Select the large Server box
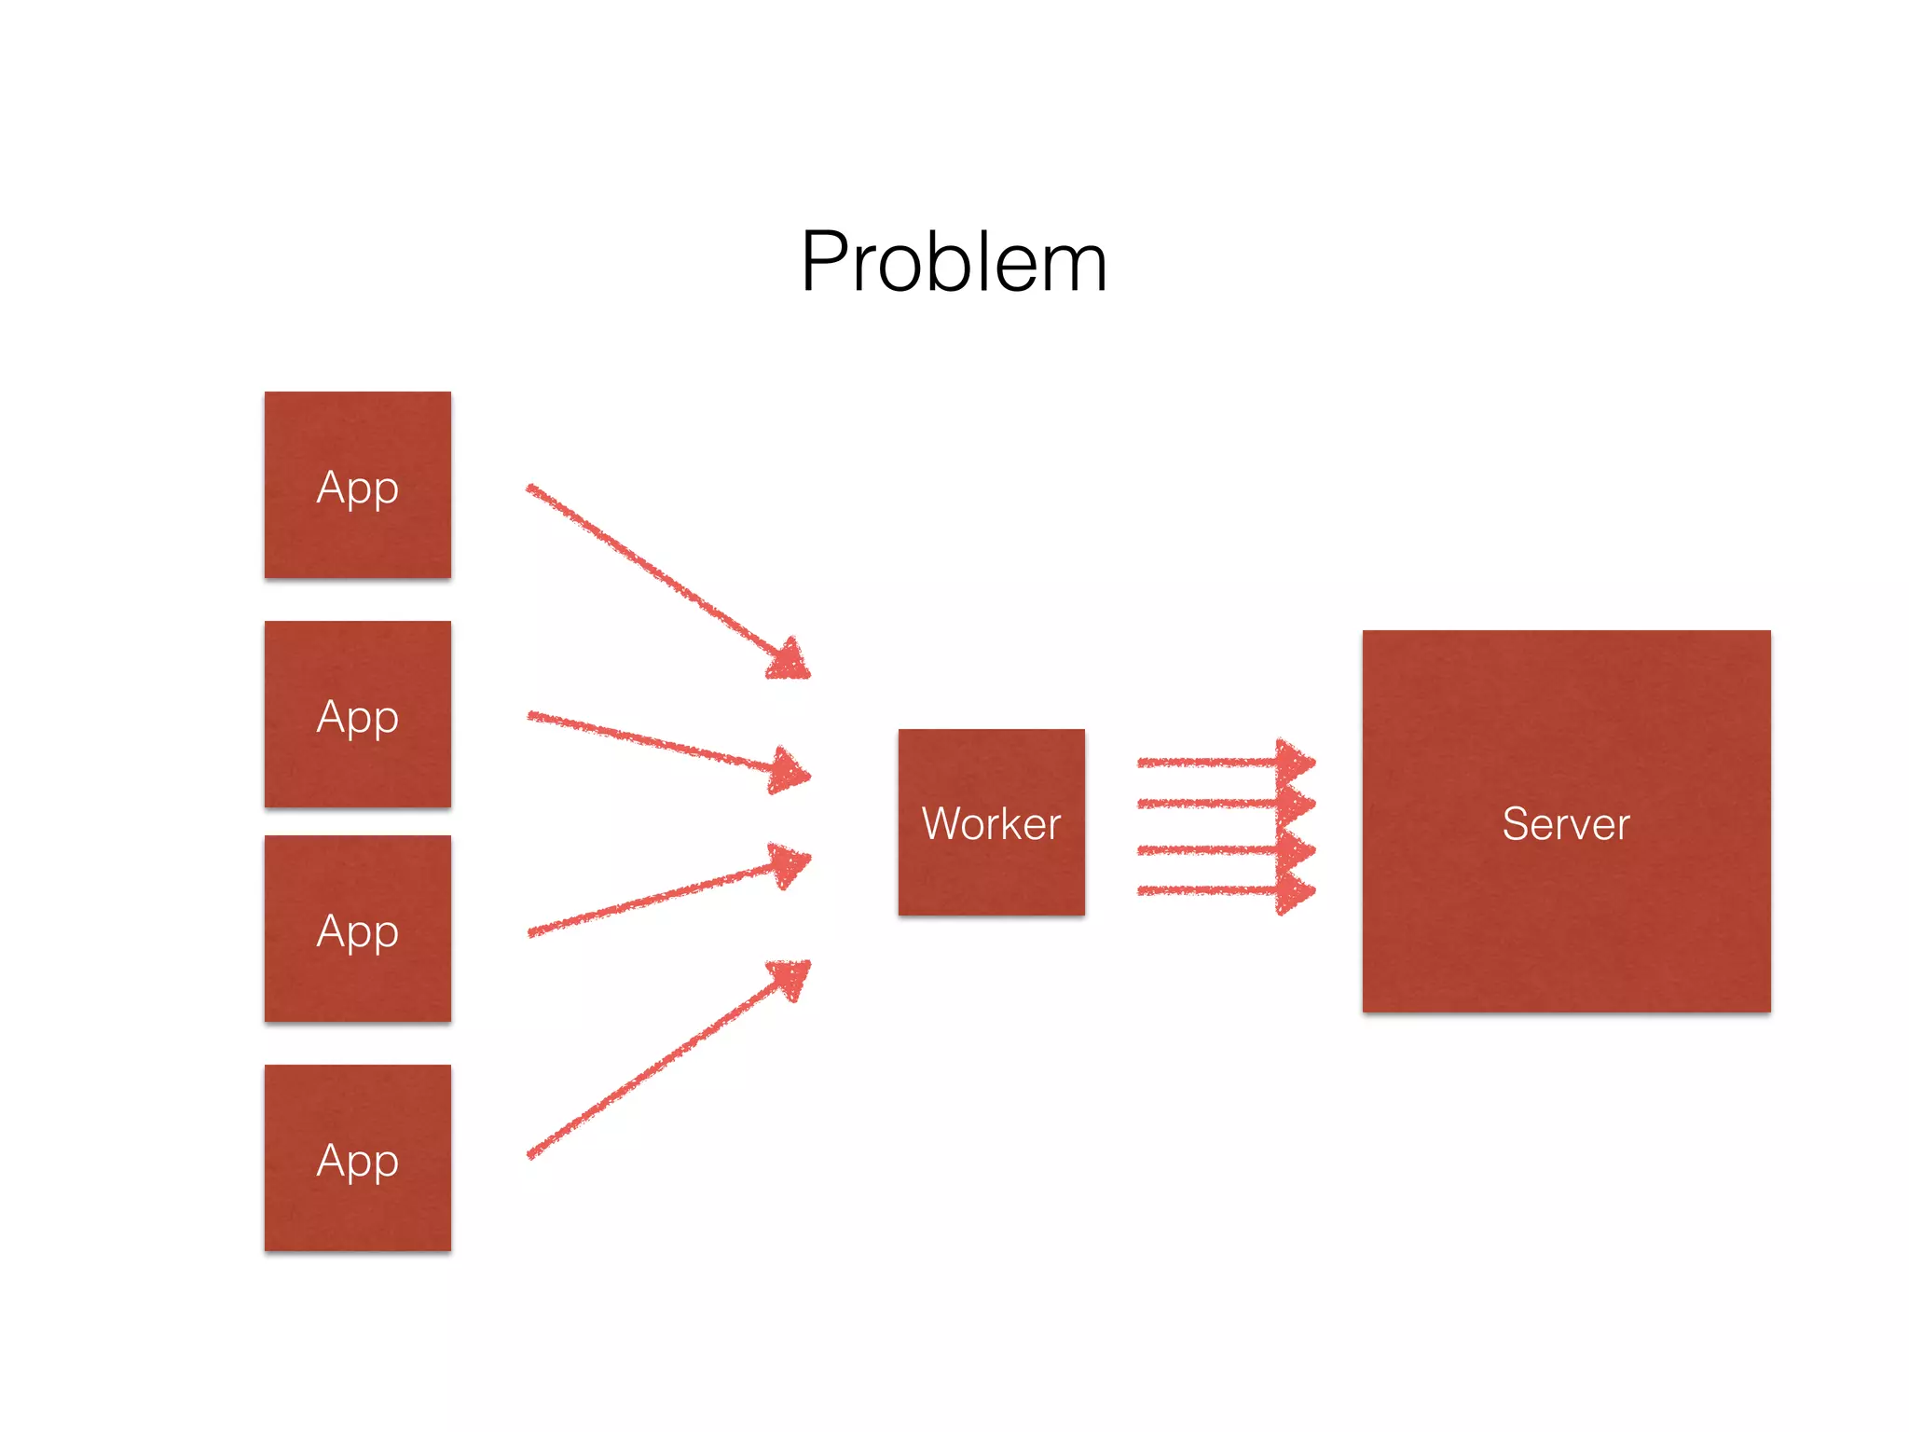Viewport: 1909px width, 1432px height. (1566, 914)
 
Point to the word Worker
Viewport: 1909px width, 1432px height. (991, 824)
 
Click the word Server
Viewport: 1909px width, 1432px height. (1566, 824)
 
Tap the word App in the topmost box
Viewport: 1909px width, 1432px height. (357, 488)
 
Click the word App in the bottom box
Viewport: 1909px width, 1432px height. (357, 1161)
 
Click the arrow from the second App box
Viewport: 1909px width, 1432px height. (652, 740)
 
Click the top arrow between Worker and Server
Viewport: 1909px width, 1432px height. (1212, 763)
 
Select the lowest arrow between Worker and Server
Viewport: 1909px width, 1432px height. (1212, 891)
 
